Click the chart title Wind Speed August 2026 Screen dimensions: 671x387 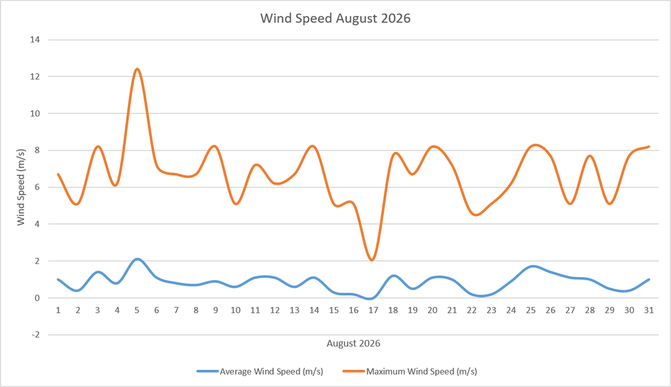335,18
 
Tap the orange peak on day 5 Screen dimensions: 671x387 137,69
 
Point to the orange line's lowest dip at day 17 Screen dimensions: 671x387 372,259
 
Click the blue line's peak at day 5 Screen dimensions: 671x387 137,259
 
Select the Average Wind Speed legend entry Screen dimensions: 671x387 259,371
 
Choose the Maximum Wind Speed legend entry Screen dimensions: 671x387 410,371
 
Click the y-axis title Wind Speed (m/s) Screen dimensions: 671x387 20,187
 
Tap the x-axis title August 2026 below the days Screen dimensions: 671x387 353,343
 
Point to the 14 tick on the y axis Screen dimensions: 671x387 35,40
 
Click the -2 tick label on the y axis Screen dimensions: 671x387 35,335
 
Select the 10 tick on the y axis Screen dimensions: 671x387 35,113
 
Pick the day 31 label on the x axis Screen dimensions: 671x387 649,310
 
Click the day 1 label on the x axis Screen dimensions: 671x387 58,310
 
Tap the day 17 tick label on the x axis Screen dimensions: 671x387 373,310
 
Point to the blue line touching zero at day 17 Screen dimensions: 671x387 372,298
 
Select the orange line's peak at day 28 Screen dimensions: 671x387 590,156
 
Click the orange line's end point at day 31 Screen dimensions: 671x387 649,147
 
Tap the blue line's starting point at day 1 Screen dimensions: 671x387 58,280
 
